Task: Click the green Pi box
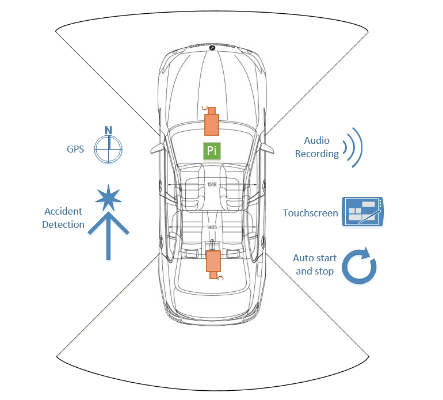pyautogui.click(x=212, y=150)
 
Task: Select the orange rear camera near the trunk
pyautogui.click(x=214, y=262)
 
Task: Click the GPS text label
pyautogui.click(x=75, y=149)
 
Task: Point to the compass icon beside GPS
pyautogui.click(x=109, y=149)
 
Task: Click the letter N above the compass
pyautogui.click(x=108, y=130)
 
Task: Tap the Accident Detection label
pyautogui.click(x=63, y=218)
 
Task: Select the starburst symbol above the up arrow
pyautogui.click(x=108, y=198)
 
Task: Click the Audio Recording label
pyautogui.click(x=316, y=147)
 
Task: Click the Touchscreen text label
pyautogui.click(x=310, y=213)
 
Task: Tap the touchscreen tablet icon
pyautogui.click(x=362, y=212)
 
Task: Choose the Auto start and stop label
pyautogui.click(x=315, y=265)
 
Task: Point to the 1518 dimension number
pyautogui.click(x=212, y=185)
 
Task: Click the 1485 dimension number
pyautogui.click(x=212, y=228)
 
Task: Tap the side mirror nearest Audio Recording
pyautogui.click(x=266, y=146)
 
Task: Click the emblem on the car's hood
pyautogui.click(x=212, y=48)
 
